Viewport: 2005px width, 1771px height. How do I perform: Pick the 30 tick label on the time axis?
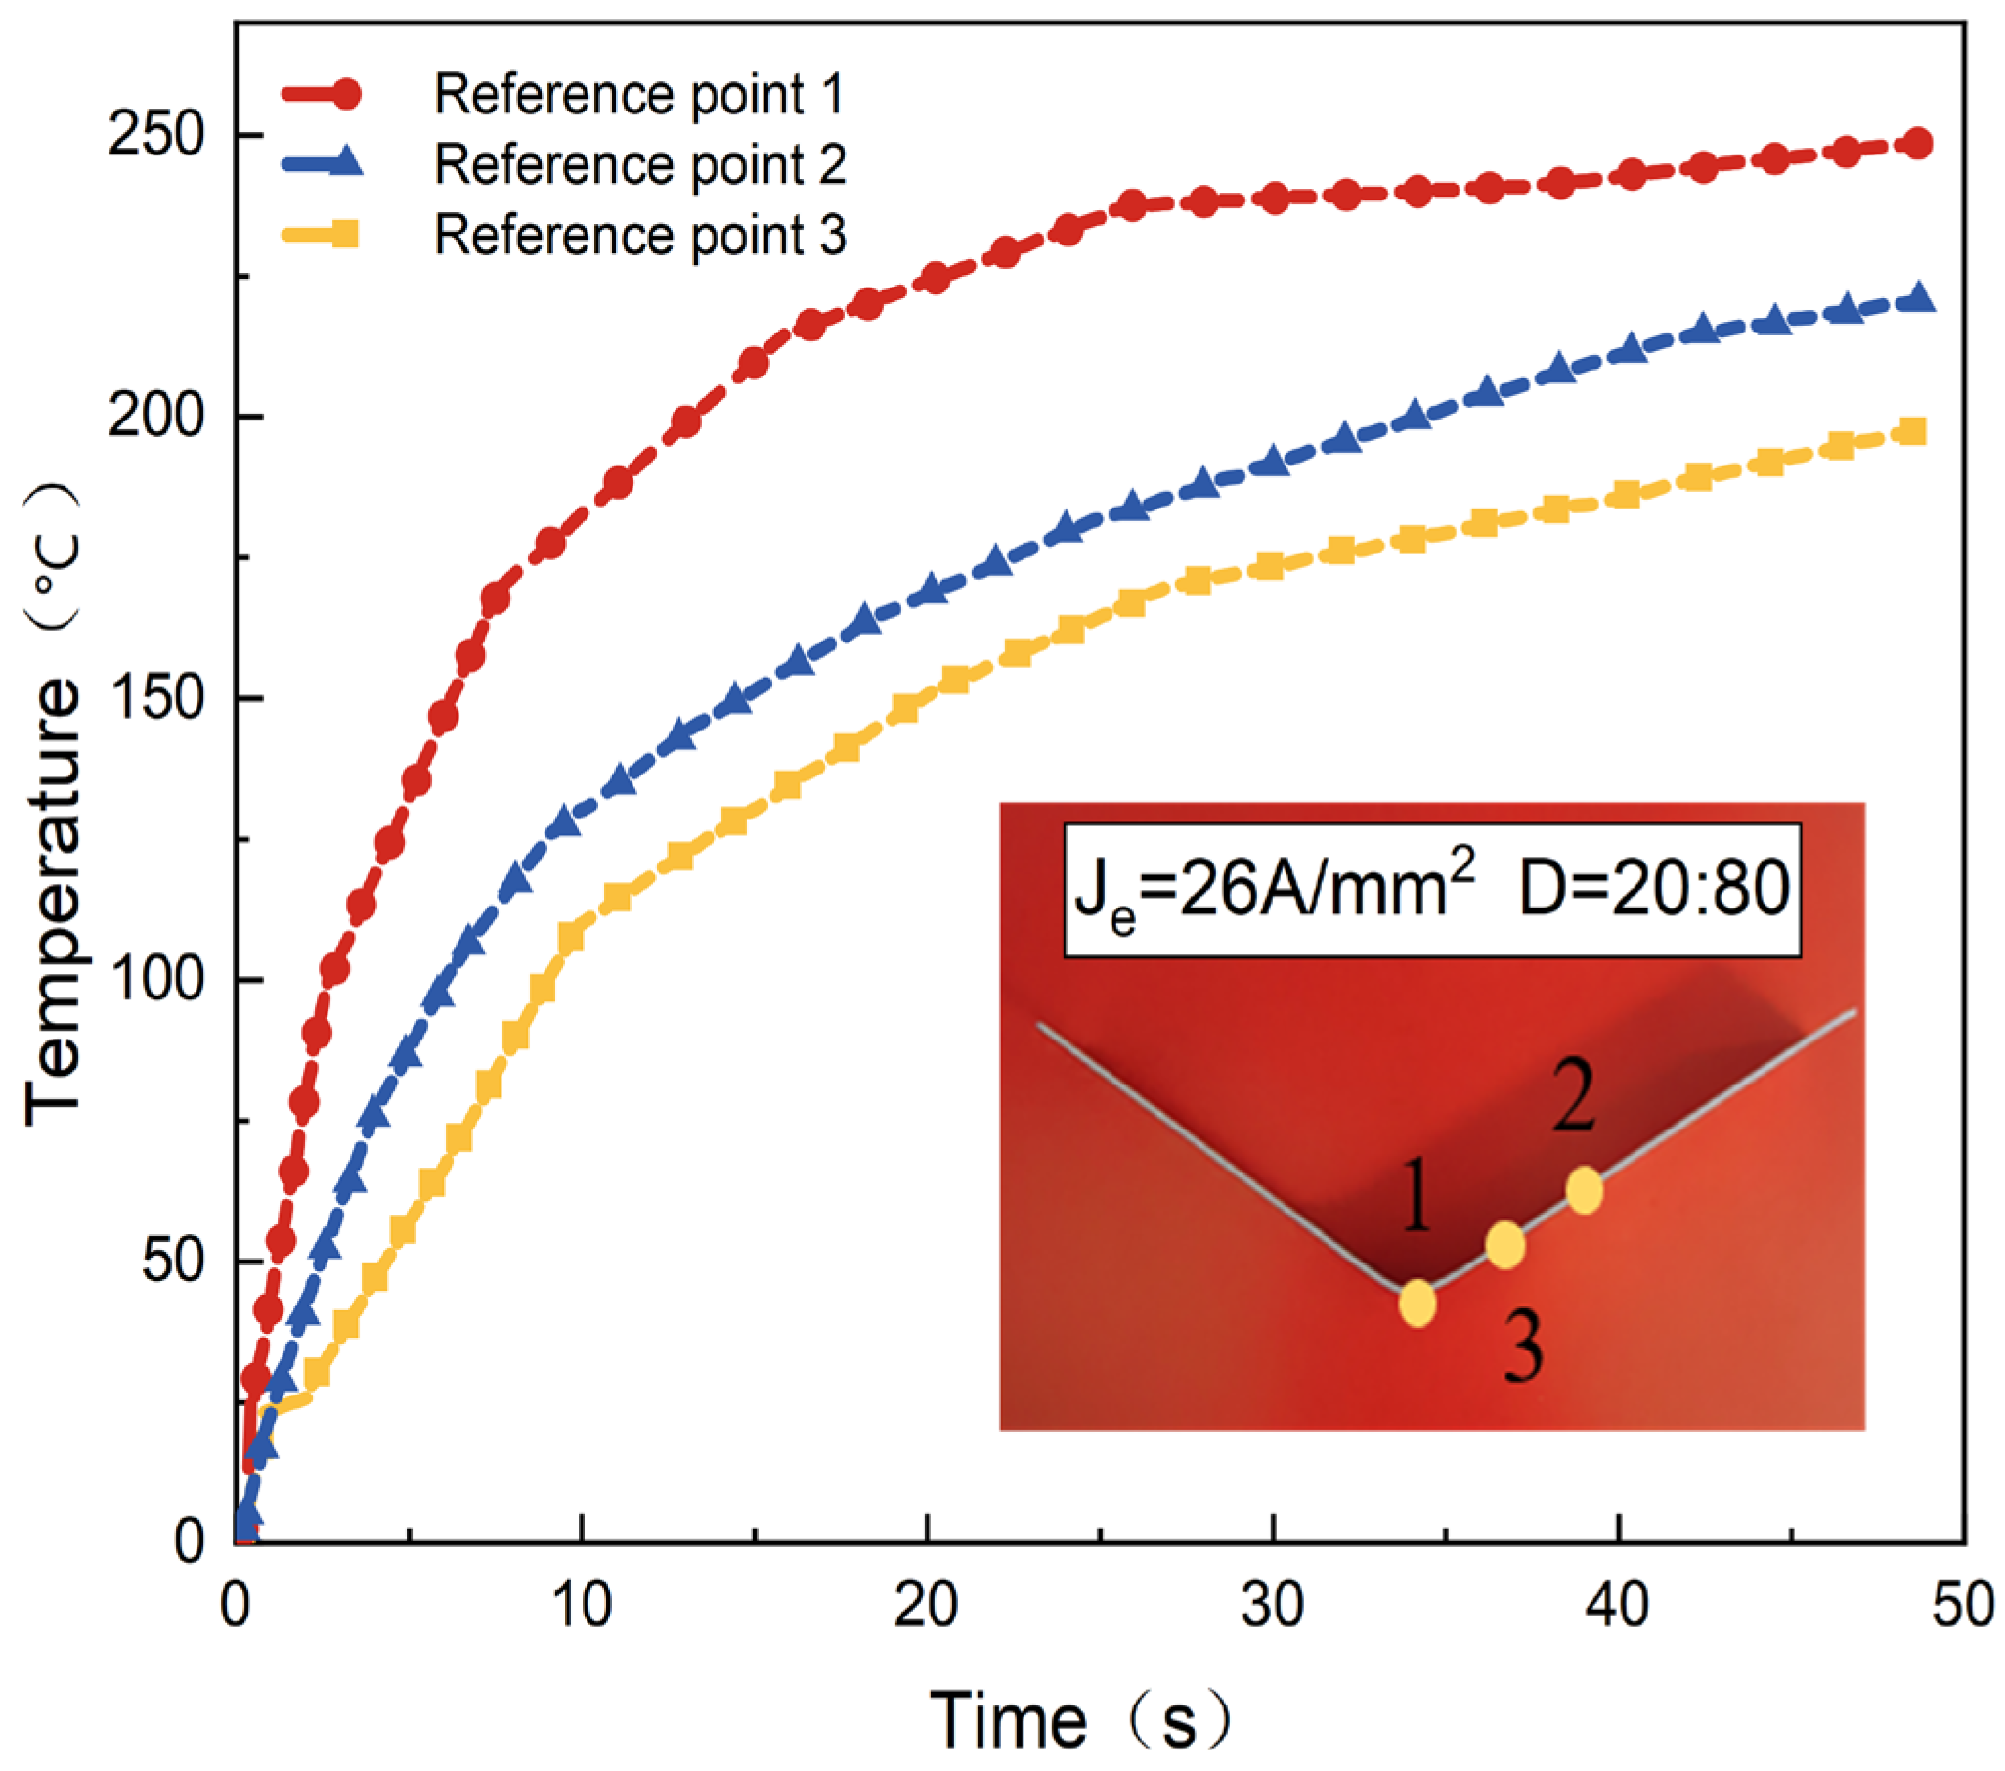[x=1272, y=1606]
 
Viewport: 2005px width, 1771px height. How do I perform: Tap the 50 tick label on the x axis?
[x=1962, y=1606]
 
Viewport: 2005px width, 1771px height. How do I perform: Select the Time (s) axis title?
[x=1079, y=1720]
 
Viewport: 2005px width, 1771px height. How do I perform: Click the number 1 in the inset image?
[x=1416, y=1195]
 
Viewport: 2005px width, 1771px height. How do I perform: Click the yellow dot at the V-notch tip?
[x=1417, y=1304]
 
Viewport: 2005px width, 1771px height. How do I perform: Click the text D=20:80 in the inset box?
[x=1654, y=888]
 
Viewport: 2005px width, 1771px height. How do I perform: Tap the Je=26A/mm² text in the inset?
[x=1275, y=888]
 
